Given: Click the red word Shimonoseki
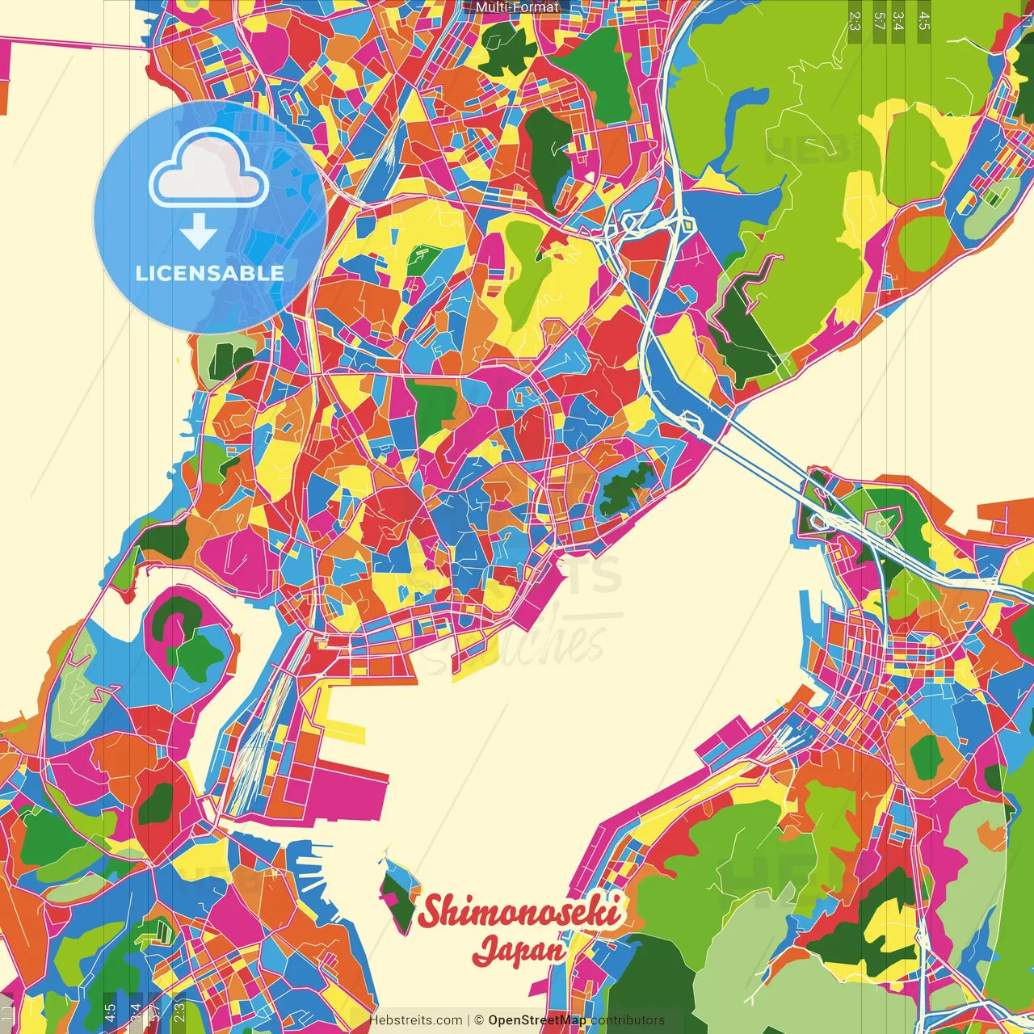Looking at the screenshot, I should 519,911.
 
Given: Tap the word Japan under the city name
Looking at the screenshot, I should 519,951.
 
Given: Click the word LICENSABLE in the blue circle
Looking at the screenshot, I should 210,273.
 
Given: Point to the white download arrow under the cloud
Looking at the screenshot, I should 199,232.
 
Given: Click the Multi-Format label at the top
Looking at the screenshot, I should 517,7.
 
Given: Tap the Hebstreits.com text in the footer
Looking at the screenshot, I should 415,1020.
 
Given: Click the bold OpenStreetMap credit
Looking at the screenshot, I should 536,1020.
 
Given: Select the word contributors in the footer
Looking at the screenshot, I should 628,1020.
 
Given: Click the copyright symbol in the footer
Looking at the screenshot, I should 478,1020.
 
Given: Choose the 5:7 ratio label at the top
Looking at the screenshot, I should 879,21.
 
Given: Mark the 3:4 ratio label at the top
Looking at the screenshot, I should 898,21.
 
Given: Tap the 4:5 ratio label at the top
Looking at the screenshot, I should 924,21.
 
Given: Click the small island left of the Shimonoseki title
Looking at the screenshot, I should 397,893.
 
